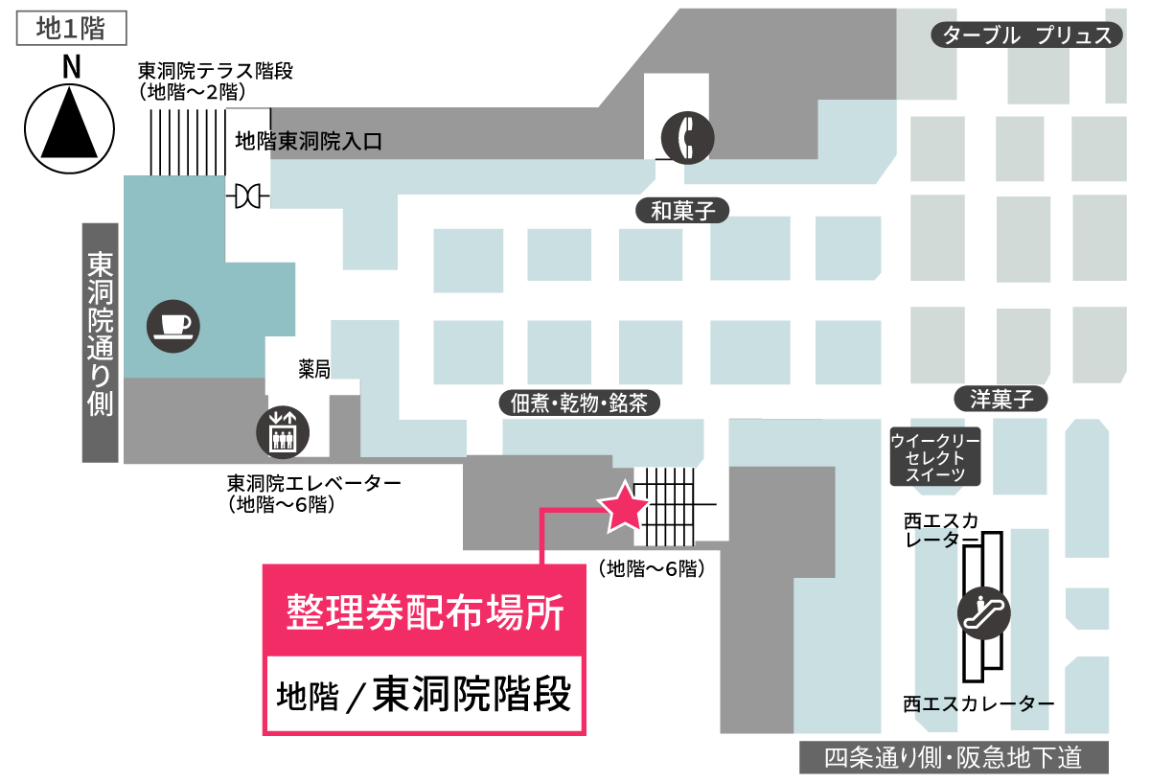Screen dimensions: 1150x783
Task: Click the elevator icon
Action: (x=282, y=432)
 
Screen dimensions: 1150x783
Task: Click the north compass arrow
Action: (x=69, y=124)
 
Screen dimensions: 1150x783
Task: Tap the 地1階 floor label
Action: (x=72, y=29)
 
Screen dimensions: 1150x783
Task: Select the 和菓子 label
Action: (x=683, y=211)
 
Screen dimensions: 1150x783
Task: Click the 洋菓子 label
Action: (x=1000, y=400)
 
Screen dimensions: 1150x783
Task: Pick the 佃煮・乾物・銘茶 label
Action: (x=580, y=403)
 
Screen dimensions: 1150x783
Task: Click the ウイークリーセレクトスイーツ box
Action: (x=934, y=457)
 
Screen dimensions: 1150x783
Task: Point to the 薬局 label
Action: (x=314, y=370)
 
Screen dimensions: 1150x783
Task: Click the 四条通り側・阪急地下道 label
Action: (x=954, y=759)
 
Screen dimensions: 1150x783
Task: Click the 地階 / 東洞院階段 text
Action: (x=423, y=694)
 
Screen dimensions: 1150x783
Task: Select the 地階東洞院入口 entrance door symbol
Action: (x=248, y=196)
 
